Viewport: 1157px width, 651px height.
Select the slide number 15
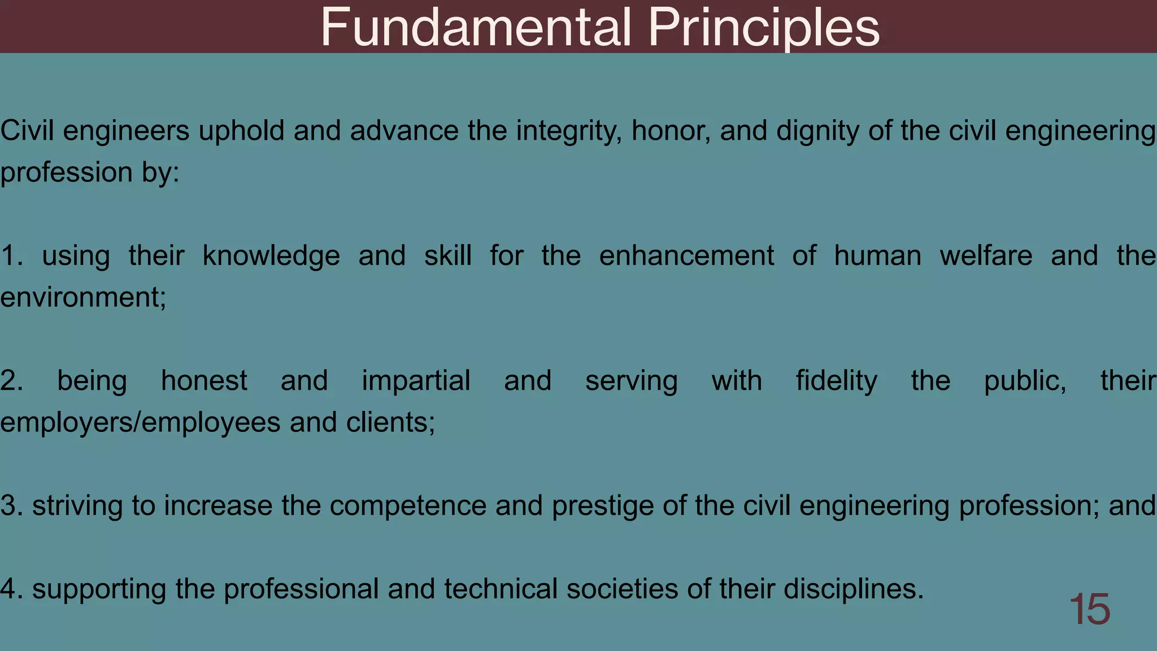pyautogui.click(x=1089, y=609)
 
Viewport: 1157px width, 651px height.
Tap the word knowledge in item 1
pyautogui.click(x=271, y=256)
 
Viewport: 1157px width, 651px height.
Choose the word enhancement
pyautogui.click(x=686, y=256)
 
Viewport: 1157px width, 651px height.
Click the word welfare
pyautogui.click(x=986, y=256)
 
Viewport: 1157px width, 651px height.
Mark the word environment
pyautogui.click(x=82, y=297)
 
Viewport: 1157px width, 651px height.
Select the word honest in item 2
pyautogui.click(x=204, y=381)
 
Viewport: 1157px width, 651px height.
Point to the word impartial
pyautogui.click(x=416, y=381)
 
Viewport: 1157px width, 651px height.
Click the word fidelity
pyautogui.click(x=837, y=381)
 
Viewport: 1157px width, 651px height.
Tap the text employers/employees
pyautogui.click(x=140, y=422)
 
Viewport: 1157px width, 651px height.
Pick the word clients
pyautogui.click(x=390, y=422)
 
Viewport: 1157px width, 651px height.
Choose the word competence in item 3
pyautogui.click(x=408, y=506)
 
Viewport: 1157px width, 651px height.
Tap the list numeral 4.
pyautogui.click(x=10, y=589)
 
